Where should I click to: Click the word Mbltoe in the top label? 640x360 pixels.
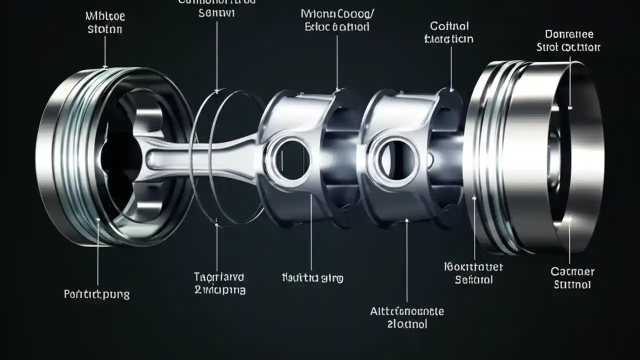[105, 16]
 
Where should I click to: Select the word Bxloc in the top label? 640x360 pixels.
[319, 26]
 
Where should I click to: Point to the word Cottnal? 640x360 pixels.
[448, 25]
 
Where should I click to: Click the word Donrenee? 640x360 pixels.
[569, 34]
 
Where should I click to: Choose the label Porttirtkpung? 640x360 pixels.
[96, 294]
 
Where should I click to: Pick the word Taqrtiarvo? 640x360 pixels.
[219, 276]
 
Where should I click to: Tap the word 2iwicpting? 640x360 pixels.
[219, 290]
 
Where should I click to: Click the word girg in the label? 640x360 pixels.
[332, 277]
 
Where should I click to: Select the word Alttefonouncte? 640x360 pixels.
[406, 311]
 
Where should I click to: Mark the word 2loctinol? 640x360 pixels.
[407, 324]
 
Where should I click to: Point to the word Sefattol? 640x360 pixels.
[473, 279]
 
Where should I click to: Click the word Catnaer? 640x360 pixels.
[572, 271]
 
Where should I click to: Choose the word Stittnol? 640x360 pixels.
[572, 284]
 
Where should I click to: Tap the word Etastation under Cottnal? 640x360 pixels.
[448, 38]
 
